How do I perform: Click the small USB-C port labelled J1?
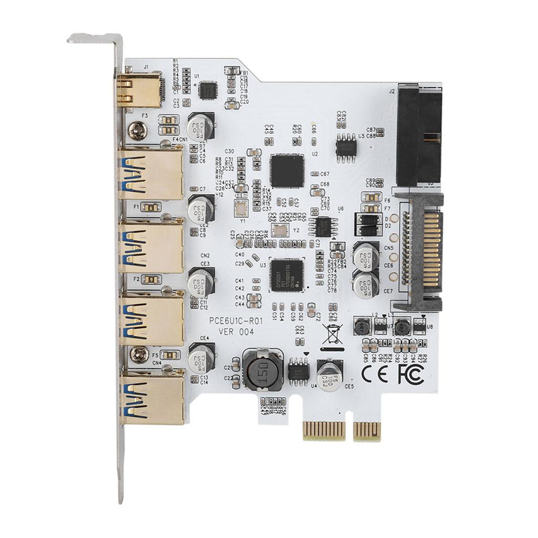(139, 90)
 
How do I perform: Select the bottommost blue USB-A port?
(151, 398)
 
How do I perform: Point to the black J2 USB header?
(418, 136)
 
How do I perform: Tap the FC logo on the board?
(411, 374)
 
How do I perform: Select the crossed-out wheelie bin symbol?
(332, 335)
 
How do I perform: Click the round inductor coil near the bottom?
(263, 369)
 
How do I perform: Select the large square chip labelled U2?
(287, 171)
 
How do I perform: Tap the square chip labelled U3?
(287, 275)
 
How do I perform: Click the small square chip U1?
(208, 90)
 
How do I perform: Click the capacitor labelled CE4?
(201, 359)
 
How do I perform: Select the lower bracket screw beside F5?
(139, 355)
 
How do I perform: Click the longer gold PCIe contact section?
(324, 430)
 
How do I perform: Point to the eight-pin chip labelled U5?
(346, 147)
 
